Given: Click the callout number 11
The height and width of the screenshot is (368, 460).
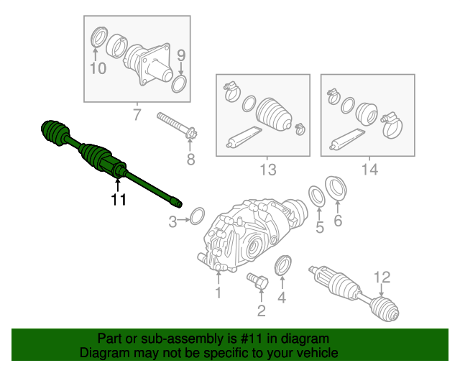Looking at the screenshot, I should tap(118, 200).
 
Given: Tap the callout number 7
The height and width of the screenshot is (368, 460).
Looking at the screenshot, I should tap(137, 114).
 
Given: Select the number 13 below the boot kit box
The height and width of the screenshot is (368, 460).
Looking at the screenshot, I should tap(267, 170).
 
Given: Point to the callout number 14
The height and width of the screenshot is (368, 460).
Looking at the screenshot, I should tap(369, 170).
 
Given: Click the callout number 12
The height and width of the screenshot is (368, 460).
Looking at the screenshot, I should tap(381, 277).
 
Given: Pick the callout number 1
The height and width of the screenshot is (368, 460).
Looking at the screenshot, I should tap(218, 293).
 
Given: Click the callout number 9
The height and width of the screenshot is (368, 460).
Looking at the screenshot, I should tap(181, 55).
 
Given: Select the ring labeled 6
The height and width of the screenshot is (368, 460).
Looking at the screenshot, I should tap(335, 189).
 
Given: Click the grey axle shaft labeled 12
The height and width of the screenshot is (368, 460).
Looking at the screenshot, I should tap(352, 292).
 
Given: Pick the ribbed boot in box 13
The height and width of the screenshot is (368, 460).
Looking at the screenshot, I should tap(272, 111).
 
